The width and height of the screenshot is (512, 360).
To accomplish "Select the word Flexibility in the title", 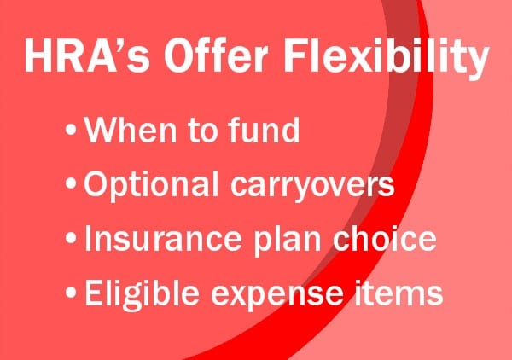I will [x=381, y=56].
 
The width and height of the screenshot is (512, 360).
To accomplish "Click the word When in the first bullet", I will [x=129, y=133].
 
